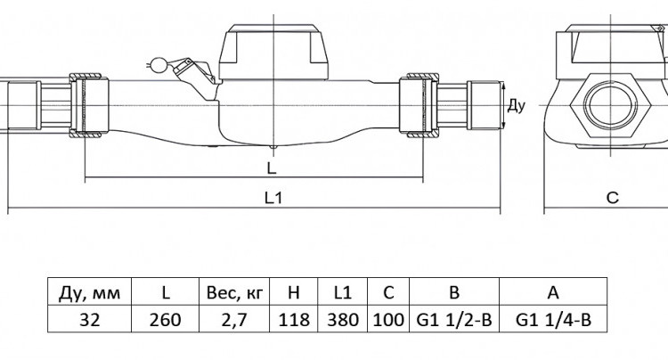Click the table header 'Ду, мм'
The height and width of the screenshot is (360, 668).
click(89, 292)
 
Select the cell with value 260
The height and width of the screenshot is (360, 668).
click(166, 320)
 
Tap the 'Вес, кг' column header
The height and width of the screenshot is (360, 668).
click(235, 292)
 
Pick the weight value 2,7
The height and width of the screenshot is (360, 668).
click(234, 320)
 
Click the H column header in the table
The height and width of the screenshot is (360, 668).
click(294, 292)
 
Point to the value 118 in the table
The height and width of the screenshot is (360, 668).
click(294, 320)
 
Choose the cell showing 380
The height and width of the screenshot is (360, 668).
click(343, 320)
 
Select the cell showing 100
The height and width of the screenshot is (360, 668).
click(388, 320)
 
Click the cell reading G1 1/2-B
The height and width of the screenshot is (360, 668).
click(454, 320)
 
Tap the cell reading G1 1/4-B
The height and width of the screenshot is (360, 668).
click(553, 320)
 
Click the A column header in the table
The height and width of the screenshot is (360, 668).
click(553, 292)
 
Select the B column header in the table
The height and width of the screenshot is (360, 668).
click(454, 292)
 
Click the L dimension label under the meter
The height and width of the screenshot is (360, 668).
click(272, 168)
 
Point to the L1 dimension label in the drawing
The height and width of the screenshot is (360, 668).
click(273, 198)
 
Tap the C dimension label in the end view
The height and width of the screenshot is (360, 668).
click(612, 198)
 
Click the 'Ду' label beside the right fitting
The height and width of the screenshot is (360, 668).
click(517, 106)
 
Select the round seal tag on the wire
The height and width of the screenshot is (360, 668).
click(159, 64)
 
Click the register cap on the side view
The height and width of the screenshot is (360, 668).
click(274, 52)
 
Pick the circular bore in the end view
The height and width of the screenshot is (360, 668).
click(611, 105)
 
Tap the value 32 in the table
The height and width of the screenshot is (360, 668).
click(89, 320)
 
